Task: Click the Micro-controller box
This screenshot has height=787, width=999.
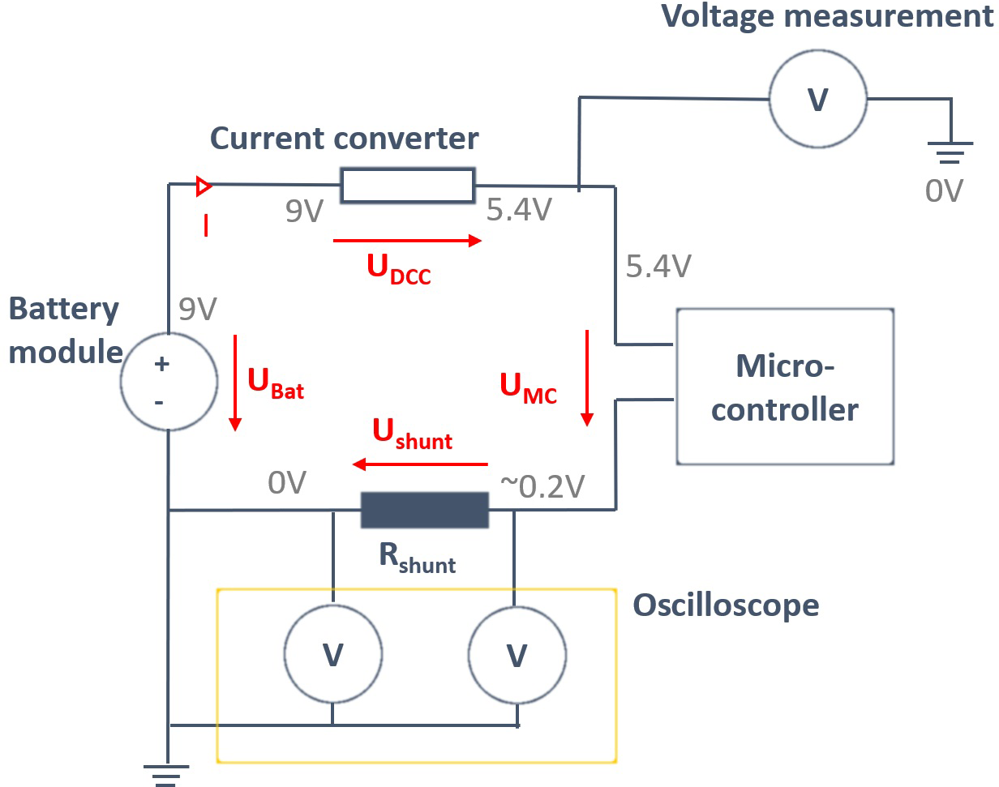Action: pos(784,386)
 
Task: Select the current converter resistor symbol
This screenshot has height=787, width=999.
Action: pos(407,186)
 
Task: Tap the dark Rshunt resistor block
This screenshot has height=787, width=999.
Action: pos(425,511)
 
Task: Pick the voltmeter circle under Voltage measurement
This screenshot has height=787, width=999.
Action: pos(817,100)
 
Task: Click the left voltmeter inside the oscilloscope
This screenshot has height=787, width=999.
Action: pos(332,654)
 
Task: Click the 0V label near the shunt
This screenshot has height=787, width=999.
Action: pos(287,484)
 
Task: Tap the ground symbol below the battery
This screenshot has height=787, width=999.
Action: pos(167,774)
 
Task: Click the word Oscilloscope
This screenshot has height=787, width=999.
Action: pos(726,605)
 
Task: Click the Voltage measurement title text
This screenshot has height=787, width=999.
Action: pos(827,16)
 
